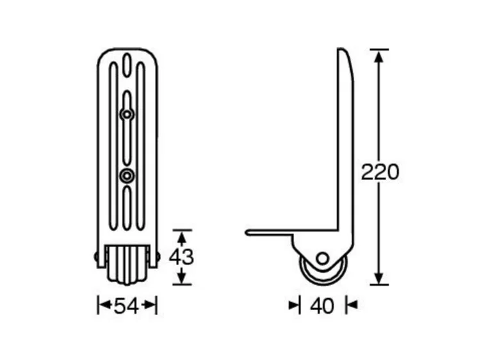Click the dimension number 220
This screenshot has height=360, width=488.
pos(380,172)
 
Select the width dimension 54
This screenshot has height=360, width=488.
pos(127,306)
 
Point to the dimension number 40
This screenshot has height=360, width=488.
pos(322,306)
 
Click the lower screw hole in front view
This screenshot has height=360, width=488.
pos(127,175)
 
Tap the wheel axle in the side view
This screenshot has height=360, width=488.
pos(322,258)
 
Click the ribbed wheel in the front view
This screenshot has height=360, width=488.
pos(127,265)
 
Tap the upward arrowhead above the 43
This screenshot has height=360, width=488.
pos(182,236)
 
